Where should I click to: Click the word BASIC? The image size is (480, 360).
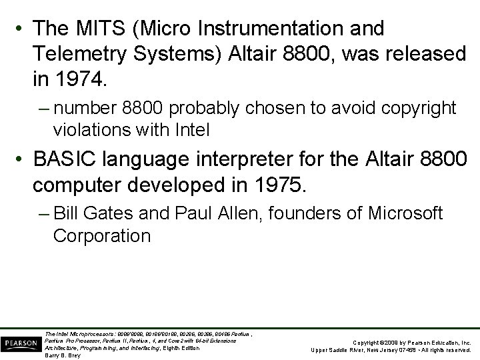[73, 161]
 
